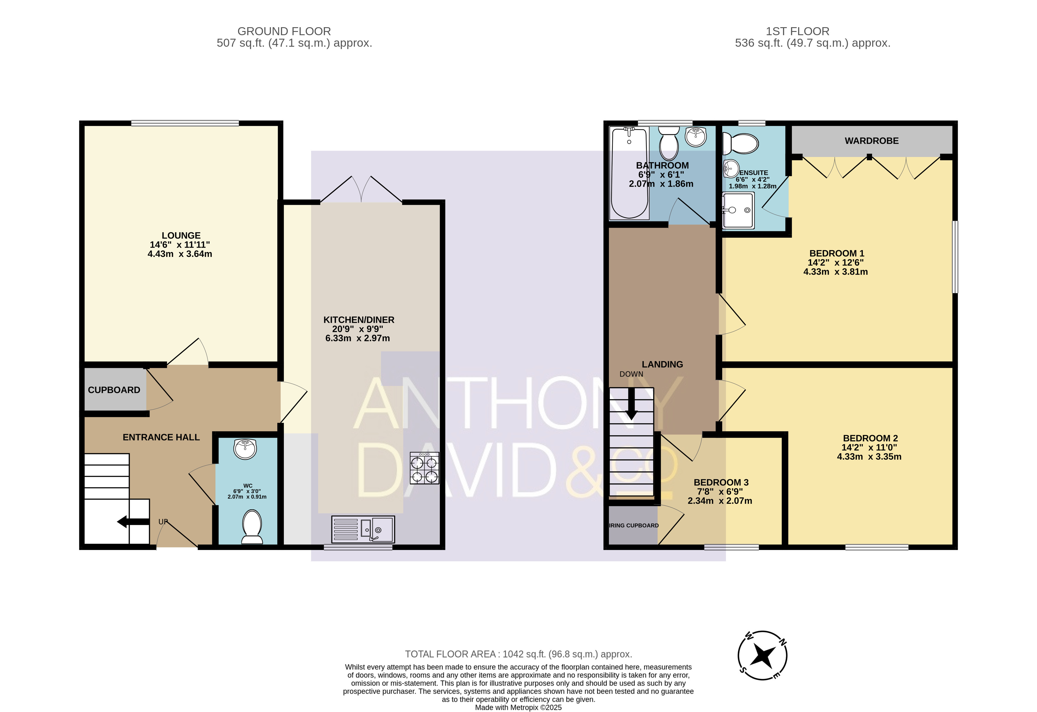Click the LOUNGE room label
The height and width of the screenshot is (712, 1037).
point(181,236)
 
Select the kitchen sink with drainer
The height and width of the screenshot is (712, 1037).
point(363,529)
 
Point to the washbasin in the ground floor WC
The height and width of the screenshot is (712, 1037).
point(245,449)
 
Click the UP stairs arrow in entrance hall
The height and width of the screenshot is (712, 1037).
point(133,521)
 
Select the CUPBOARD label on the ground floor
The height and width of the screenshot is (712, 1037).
point(114,390)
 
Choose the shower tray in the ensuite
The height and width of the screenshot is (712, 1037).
point(738,210)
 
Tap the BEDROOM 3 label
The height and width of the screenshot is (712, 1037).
point(721,482)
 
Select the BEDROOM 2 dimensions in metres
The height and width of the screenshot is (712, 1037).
point(869,456)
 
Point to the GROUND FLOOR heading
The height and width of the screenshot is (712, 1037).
point(284,31)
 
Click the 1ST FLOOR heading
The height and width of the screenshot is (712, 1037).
point(797,31)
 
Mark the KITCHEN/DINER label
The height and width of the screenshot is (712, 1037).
point(359,320)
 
